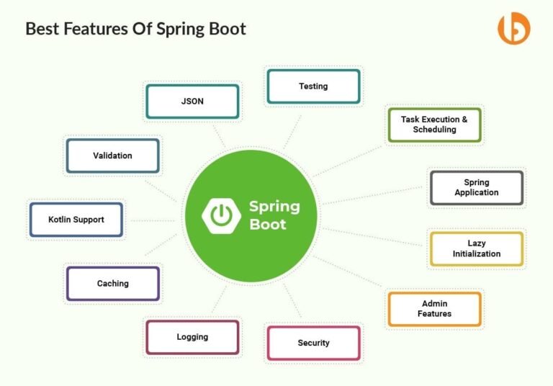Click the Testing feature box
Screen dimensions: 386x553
[x=313, y=86]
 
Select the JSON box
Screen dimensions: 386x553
[x=192, y=102]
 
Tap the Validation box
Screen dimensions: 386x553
[x=112, y=156]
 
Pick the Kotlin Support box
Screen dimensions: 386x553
[x=76, y=220]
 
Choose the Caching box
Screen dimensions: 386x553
[x=112, y=284]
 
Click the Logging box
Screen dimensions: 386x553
[x=192, y=337]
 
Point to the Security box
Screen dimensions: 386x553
[x=313, y=343]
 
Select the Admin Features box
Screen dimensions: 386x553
[x=434, y=309]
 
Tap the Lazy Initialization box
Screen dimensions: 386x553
[x=476, y=248]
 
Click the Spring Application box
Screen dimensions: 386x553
[x=476, y=187]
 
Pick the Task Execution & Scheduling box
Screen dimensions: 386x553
[x=434, y=125]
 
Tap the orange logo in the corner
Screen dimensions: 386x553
[x=513, y=28]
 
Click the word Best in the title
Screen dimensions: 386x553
[x=41, y=29]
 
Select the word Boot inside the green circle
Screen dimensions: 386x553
[x=268, y=224]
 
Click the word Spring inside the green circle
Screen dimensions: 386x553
[x=274, y=207]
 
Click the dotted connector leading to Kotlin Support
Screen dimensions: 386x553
[x=151, y=220]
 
